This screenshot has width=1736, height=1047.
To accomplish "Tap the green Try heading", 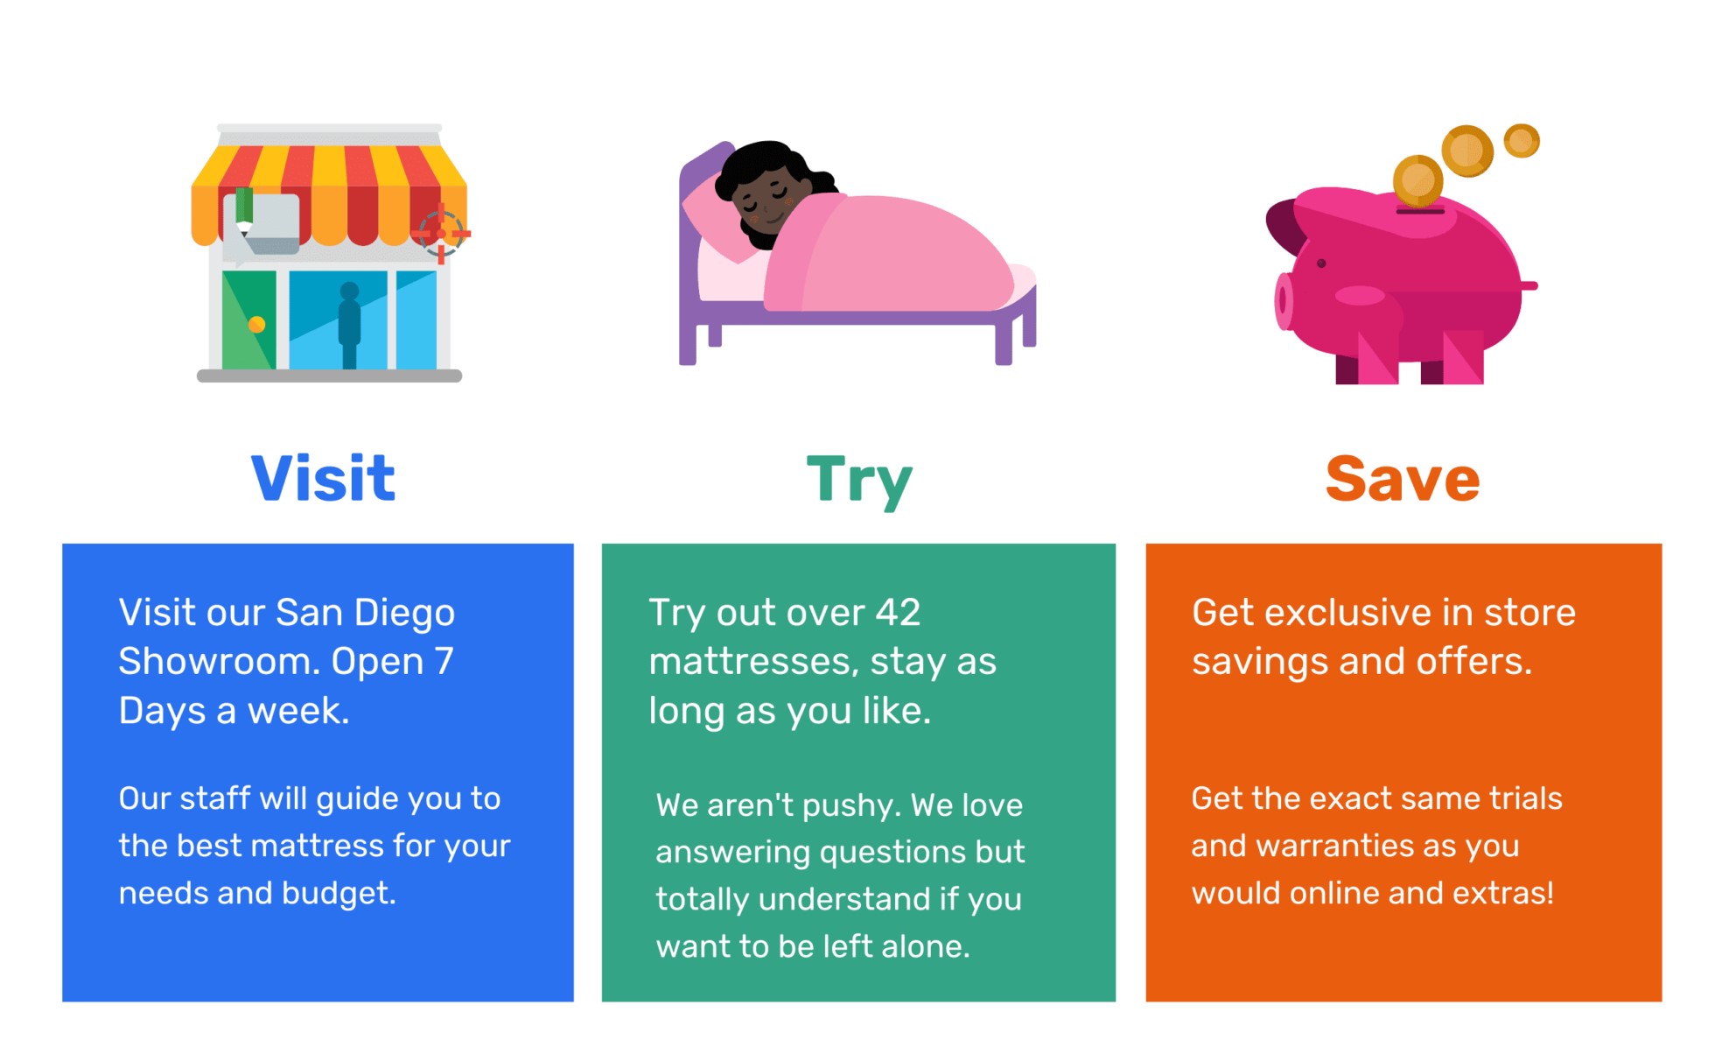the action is (859, 481).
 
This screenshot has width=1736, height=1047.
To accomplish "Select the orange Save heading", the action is (1403, 479).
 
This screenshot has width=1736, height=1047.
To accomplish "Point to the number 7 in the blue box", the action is (444, 661).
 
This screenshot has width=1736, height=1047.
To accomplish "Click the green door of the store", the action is (248, 320).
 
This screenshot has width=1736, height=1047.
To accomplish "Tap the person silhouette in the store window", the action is (349, 325).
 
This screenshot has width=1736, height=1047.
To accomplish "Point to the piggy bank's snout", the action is (1284, 301).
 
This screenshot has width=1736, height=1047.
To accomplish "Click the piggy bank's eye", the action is (1321, 264).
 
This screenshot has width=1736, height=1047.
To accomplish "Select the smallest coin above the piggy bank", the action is (1522, 141).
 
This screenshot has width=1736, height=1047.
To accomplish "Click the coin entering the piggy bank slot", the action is (1417, 181).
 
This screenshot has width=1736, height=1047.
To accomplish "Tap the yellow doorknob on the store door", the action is (256, 325).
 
